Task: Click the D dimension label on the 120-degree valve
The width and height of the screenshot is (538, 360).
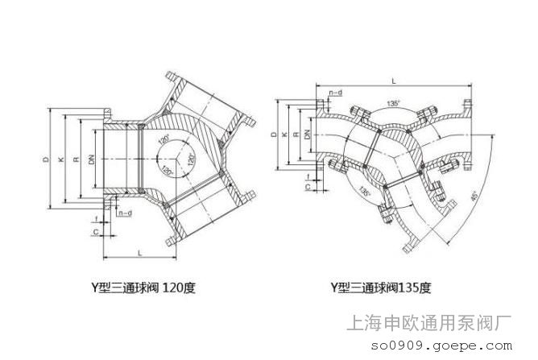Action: [x=45, y=162]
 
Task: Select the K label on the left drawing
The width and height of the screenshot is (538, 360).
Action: [x=60, y=162]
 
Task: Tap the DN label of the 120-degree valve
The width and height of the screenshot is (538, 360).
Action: [x=91, y=161]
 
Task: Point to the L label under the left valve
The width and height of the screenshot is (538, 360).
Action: [x=140, y=254]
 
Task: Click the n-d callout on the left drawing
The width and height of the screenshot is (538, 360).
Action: [x=125, y=213]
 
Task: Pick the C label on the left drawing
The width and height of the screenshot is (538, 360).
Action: [x=94, y=233]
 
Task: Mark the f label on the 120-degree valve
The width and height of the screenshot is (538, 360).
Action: [x=95, y=217]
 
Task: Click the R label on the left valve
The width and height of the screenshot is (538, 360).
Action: [x=75, y=162]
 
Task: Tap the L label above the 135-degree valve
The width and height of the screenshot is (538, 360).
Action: [x=391, y=81]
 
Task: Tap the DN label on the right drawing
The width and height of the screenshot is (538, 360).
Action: [x=308, y=134]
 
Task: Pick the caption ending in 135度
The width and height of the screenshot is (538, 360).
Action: [x=383, y=286]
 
